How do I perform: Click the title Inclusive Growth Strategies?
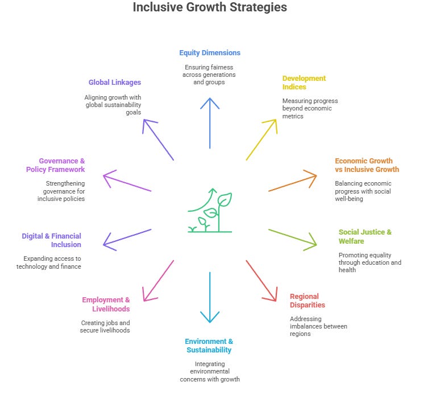click(210, 8)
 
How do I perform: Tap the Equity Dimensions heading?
click(210, 53)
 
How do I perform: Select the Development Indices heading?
click(304, 83)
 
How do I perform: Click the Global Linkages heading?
click(115, 83)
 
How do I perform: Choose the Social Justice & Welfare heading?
click(365, 236)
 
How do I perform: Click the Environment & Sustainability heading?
click(209, 346)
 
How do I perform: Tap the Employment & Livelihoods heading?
click(106, 304)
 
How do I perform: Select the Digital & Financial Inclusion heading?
click(52, 240)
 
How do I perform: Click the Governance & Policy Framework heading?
click(55, 165)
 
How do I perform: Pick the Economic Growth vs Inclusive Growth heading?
click(367, 165)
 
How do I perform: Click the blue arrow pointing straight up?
click(210, 122)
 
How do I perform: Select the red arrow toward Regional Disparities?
click(262, 280)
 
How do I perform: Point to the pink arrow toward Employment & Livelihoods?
click(158, 280)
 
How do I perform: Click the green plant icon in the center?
click(210, 211)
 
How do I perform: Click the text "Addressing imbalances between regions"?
click(318, 326)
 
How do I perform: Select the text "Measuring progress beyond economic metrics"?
click(307, 108)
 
